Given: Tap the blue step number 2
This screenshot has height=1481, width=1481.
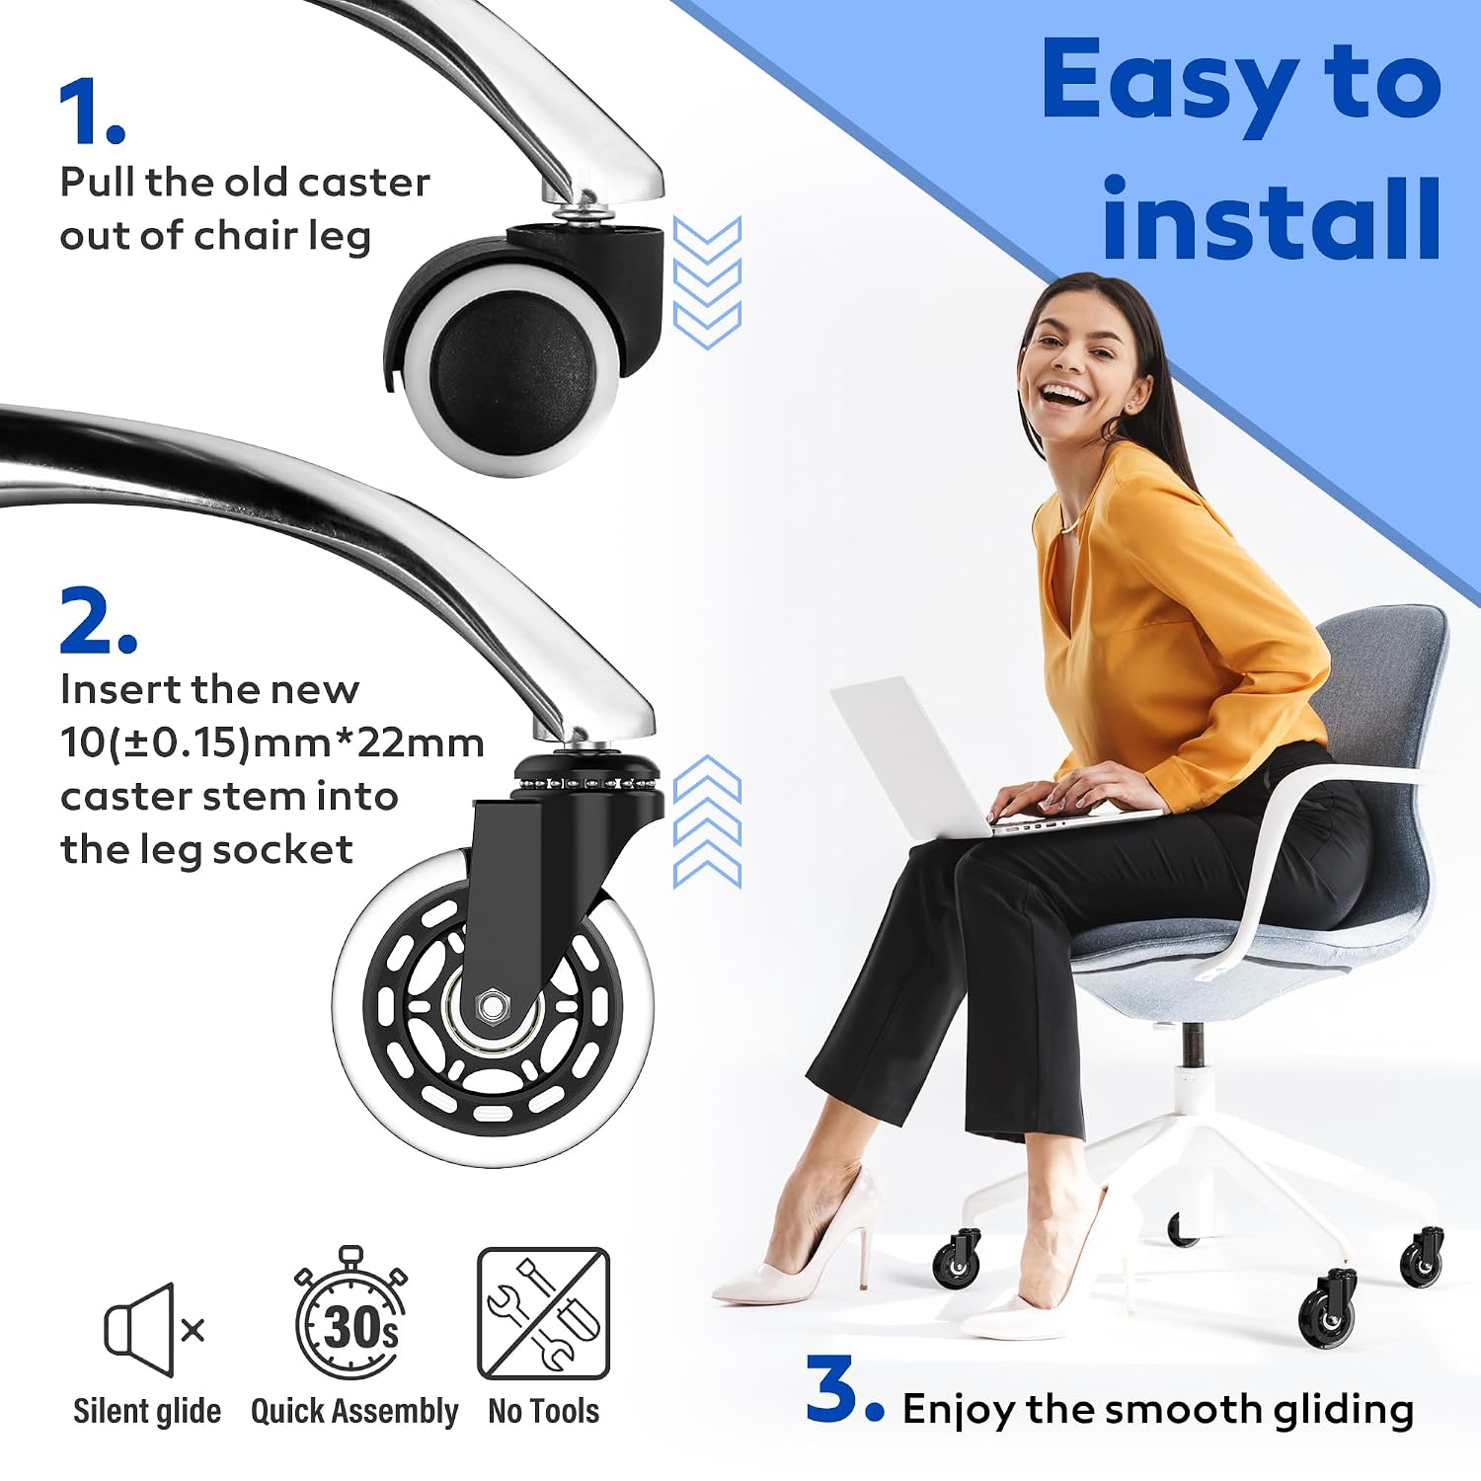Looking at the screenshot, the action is click(x=98, y=620).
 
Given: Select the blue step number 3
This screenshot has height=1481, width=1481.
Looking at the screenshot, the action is click(x=845, y=1390).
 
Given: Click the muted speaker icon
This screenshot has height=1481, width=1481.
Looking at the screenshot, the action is click(x=153, y=1330).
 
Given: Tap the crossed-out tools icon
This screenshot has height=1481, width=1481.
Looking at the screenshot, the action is click(x=543, y=1313).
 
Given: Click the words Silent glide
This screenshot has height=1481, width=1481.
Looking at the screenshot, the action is click(x=147, y=1411).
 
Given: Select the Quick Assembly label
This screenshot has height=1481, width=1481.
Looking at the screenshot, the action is click(x=354, y=1412).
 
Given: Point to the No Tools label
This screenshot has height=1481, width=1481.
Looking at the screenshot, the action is click(x=543, y=1411).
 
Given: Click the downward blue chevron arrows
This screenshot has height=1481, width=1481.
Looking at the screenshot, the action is click(x=707, y=282).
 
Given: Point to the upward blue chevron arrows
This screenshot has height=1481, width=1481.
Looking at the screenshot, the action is click(x=707, y=821).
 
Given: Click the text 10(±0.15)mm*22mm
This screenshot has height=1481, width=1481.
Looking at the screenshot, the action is click(x=273, y=743).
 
